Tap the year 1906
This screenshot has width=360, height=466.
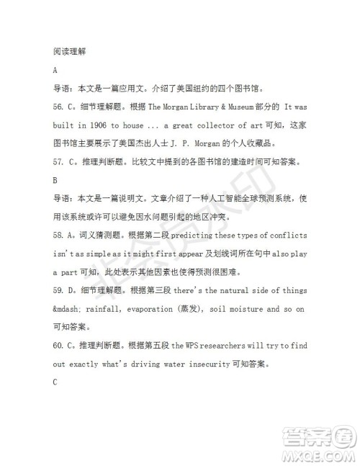tap(104, 125)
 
